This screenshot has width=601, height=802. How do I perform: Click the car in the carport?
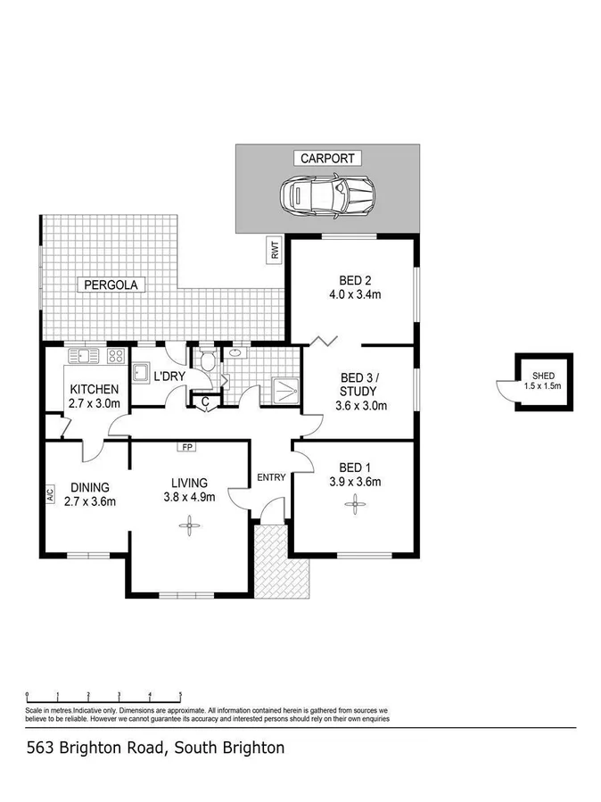click(327, 194)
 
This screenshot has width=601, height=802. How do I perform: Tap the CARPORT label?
click(327, 159)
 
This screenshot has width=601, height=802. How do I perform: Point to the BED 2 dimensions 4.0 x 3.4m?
click(354, 294)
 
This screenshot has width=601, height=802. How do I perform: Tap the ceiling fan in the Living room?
click(189, 525)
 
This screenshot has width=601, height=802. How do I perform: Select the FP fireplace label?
click(187, 446)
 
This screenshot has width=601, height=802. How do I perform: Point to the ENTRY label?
click(271, 477)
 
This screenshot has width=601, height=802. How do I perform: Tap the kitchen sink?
click(82, 357)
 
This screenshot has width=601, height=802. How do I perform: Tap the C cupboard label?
click(204, 402)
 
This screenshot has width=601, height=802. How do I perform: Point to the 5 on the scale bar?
click(180, 694)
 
